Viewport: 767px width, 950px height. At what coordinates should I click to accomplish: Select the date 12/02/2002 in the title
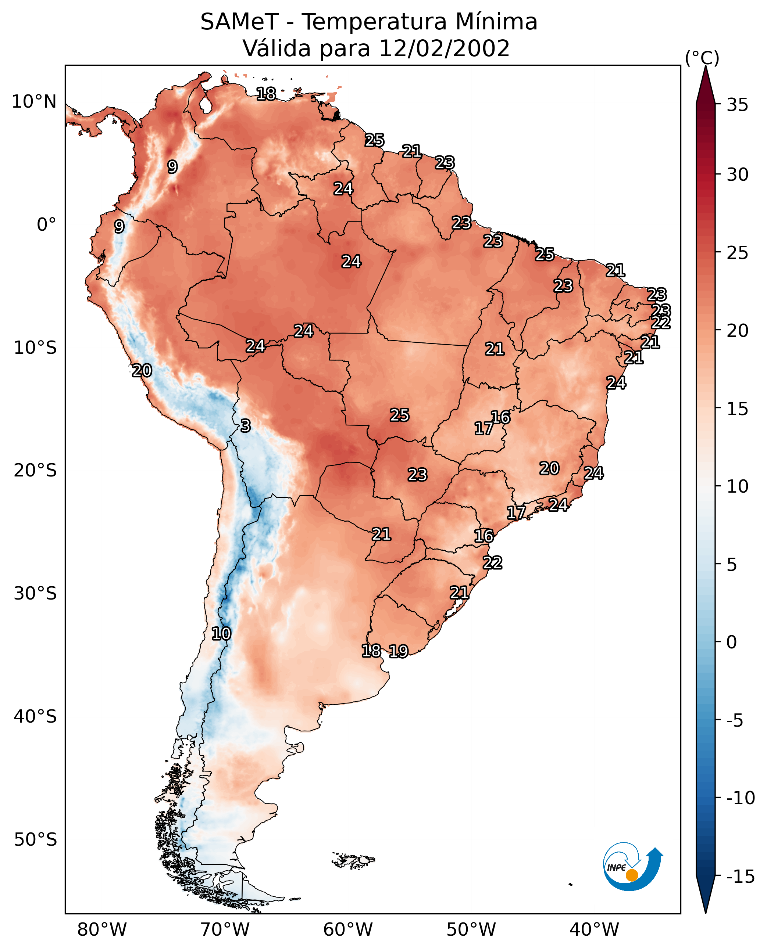[x=444, y=48]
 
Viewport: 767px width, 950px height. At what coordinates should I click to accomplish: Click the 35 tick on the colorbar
[x=737, y=105]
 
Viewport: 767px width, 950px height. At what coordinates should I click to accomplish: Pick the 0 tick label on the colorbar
[x=732, y=642]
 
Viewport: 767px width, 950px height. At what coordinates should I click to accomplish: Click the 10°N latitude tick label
[x=34, y=102]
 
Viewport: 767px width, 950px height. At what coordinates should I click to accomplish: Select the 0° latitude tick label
[x=46, y=225]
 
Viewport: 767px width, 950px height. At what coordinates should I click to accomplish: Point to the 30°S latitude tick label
[x=35, y=594]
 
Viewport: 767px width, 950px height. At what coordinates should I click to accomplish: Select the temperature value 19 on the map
[x=399, y=651]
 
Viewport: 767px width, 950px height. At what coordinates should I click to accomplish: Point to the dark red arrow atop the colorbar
[x=706, y=86]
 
